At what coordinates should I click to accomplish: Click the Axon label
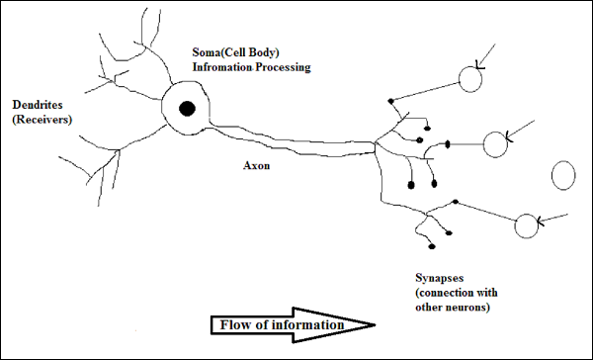[257, 166]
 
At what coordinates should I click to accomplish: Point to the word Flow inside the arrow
[232, 323]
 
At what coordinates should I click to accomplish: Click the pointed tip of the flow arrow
[374, 324]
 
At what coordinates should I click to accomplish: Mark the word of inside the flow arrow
[261, 323]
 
